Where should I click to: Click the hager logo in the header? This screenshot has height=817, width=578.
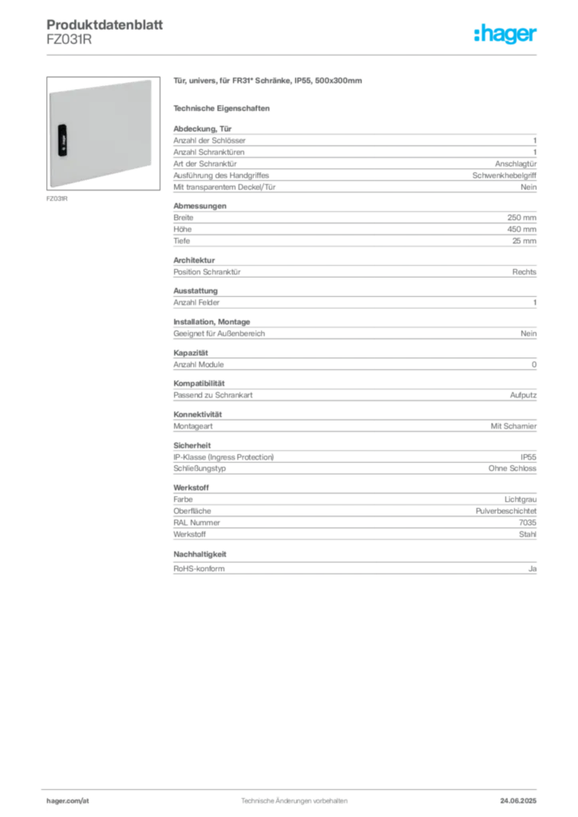(x=505, y=34)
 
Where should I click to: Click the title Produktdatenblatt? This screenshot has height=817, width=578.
(x=105, y=25)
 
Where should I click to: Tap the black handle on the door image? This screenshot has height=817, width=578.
(x=62, y=140)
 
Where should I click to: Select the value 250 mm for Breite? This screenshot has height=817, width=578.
(x=521, y=218)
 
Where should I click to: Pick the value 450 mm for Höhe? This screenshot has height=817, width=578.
(x=521, y=229)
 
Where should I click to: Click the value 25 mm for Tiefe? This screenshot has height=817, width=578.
(x=525, y=241)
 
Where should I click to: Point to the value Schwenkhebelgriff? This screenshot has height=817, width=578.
(x=505, y=176)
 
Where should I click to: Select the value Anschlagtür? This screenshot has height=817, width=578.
(x=516, y=164)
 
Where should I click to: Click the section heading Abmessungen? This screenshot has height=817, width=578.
(x=200, y=206)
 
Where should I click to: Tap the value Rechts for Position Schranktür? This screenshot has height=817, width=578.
(x=525, y=272)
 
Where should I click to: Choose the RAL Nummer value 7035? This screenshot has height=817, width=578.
(x=528, y=523)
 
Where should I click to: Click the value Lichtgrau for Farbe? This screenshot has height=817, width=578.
(x=521, y=499)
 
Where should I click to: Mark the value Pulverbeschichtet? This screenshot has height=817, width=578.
(x=506, y=511)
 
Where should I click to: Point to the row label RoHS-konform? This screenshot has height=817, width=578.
(x=199, y=568)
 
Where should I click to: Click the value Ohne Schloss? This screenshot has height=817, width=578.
(x=513, y=468)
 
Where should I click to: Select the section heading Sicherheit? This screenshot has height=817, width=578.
(x=192, y=445)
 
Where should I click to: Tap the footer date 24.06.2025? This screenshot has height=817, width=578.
(x=518, y=801)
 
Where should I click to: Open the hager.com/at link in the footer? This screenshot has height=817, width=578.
(x=68, y=801)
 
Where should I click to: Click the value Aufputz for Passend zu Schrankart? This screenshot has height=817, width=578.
(x=523, y=396)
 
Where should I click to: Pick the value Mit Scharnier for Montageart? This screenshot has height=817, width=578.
(x=513, y=426)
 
